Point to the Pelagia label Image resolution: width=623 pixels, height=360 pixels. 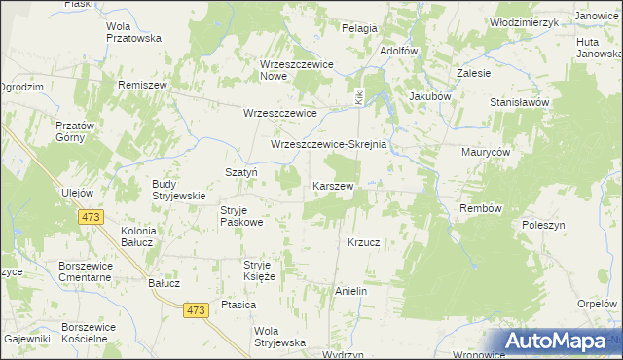pyautogui.click(x=359, y=28)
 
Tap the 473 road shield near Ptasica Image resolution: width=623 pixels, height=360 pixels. pyautogui.click(x=196, y=309)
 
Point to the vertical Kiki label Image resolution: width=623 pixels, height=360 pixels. pyautogui.click(x=359, y=98)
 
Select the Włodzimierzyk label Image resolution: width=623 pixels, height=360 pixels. pyautogui.click(x=524, y=22)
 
